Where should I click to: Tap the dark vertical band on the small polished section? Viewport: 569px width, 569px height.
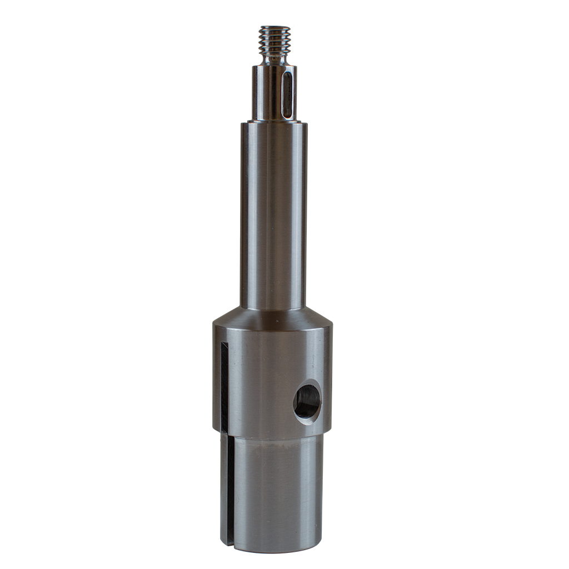click(x=276, y=92)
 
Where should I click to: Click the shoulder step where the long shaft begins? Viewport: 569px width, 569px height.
click(x=273, y=123)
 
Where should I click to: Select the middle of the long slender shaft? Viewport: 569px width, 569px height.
click(x=273, y=217)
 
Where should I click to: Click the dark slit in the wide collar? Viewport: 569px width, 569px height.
click(x=224, y=389)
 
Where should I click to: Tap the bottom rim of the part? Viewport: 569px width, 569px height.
click(x=278, y=551)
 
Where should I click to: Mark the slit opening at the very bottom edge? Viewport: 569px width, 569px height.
click(x=231, y=549)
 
